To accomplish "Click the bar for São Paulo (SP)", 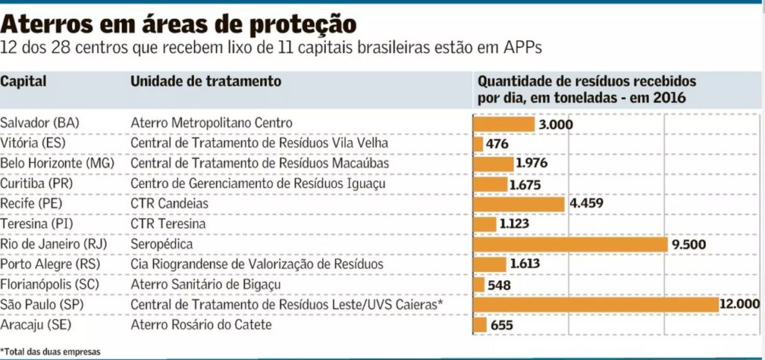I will (x=595, y=305).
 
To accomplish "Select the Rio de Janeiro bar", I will (x=570, y=244).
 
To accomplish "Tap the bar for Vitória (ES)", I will (x=478, y=143).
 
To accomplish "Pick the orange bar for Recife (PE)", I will (x=519, y=204).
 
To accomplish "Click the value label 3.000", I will (x=555, y=124).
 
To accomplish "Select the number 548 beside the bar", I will (x=498, y=285).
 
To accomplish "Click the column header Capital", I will (x=23, y=81).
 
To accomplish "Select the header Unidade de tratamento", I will (x=205, y=81).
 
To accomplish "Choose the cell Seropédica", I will (x=162, y=244).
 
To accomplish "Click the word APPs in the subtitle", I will (x=523, y=47).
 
